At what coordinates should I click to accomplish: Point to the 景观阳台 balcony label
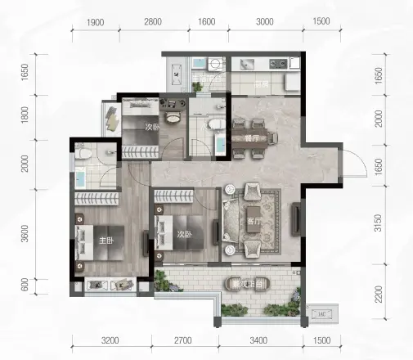(x=249, y=284)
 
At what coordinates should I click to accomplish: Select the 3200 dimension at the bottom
(x=111, y=340)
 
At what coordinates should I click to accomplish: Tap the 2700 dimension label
(x=182, y=340)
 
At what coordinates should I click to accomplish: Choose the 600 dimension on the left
(x=25, y=286)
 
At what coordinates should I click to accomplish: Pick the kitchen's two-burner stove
(x=276, y=63)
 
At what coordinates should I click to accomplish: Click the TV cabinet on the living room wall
(x=295, y=220)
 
